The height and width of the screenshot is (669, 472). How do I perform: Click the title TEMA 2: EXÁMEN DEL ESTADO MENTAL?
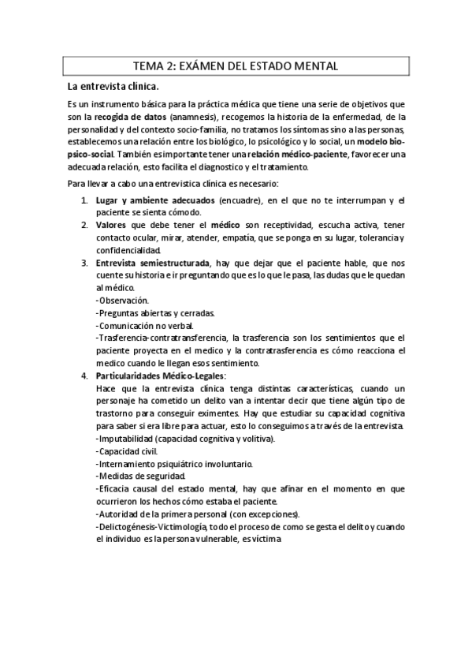pos(236,65)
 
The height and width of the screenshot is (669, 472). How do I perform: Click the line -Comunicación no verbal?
pos(143,325)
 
